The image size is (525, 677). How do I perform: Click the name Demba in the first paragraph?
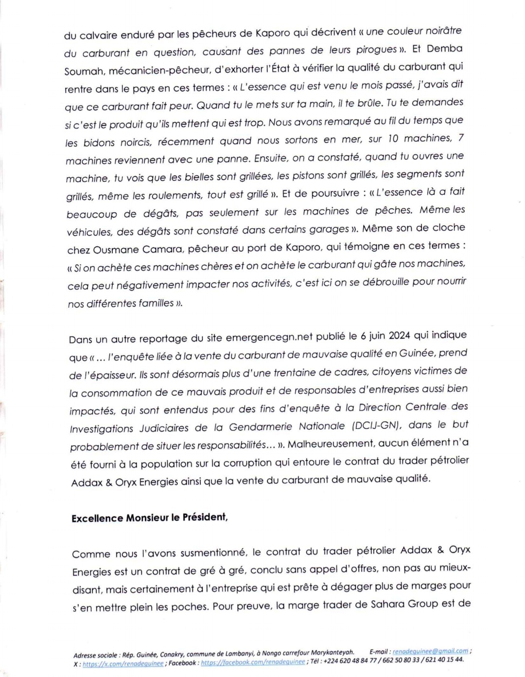tap(445, 49)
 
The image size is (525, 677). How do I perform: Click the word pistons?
tap(297, 176)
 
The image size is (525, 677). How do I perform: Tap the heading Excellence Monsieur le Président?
tap(149, 518)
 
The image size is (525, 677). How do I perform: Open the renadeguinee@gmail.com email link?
tap(430, 651)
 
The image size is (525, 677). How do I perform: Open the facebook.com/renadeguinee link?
tap(253, 662)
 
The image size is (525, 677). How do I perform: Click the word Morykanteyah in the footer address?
tap(332, 653)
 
